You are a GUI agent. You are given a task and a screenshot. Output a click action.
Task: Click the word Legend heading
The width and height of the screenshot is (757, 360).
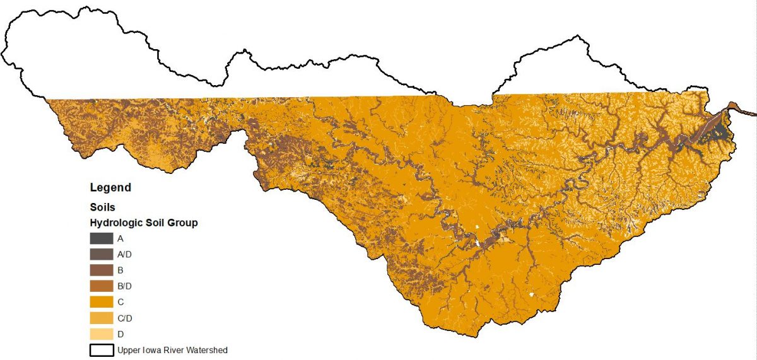click(x=110, y=187)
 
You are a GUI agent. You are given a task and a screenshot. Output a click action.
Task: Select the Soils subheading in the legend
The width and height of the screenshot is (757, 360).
click(x=102, y=206)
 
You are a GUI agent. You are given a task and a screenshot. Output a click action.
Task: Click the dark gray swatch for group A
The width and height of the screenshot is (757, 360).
click(x=101, y=238)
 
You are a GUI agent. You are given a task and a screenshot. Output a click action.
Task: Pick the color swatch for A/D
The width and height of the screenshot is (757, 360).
click(x=101, y=254)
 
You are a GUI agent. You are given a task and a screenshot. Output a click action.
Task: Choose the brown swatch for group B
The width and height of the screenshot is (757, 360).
click(x=101, y=270)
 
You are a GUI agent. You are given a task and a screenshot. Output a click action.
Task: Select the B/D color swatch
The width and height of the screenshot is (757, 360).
click(x=101, y=286)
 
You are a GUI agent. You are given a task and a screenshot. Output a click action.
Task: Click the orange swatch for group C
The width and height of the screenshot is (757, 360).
click(x=101, y=302)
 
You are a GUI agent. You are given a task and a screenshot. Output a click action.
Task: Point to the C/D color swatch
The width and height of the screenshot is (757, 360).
click(x=101, y=318)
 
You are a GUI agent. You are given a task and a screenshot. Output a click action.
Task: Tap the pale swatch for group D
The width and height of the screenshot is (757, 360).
click(x=101, y=334)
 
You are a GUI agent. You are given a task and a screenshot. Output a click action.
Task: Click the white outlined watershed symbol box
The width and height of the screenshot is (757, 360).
click(x=101, y=349)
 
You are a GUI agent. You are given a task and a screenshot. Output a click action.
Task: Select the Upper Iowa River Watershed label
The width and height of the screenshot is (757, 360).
click(x=172, y=350)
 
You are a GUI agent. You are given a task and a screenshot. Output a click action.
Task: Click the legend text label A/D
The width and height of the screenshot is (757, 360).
click(x=124, y=255)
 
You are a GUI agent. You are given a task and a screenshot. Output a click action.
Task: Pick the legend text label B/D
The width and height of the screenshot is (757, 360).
click(x=124, y=286)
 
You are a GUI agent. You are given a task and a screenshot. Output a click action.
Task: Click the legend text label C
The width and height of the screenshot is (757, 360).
click(x=120, y=302)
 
